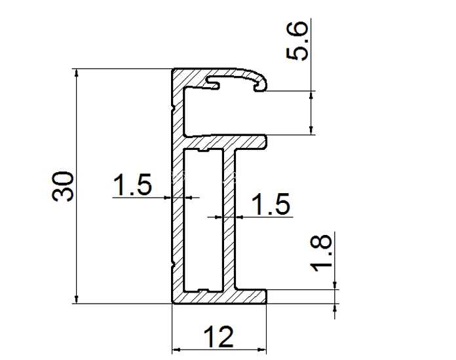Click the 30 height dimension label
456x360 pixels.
click(x=62, y=187)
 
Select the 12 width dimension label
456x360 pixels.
click(x=218, y=336)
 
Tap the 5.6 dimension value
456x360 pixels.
click(x=296, y=41)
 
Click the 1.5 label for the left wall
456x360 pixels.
click(x=132, y=185)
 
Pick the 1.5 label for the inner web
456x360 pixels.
click(x=271, y=204)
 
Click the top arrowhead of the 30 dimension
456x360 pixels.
click(x=77, y=73)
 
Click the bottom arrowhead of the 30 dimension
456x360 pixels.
click(x=77, y=299)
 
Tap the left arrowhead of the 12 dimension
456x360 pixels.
click(x=176, y=350)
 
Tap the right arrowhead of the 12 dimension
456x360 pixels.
click(x=262, y=350)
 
